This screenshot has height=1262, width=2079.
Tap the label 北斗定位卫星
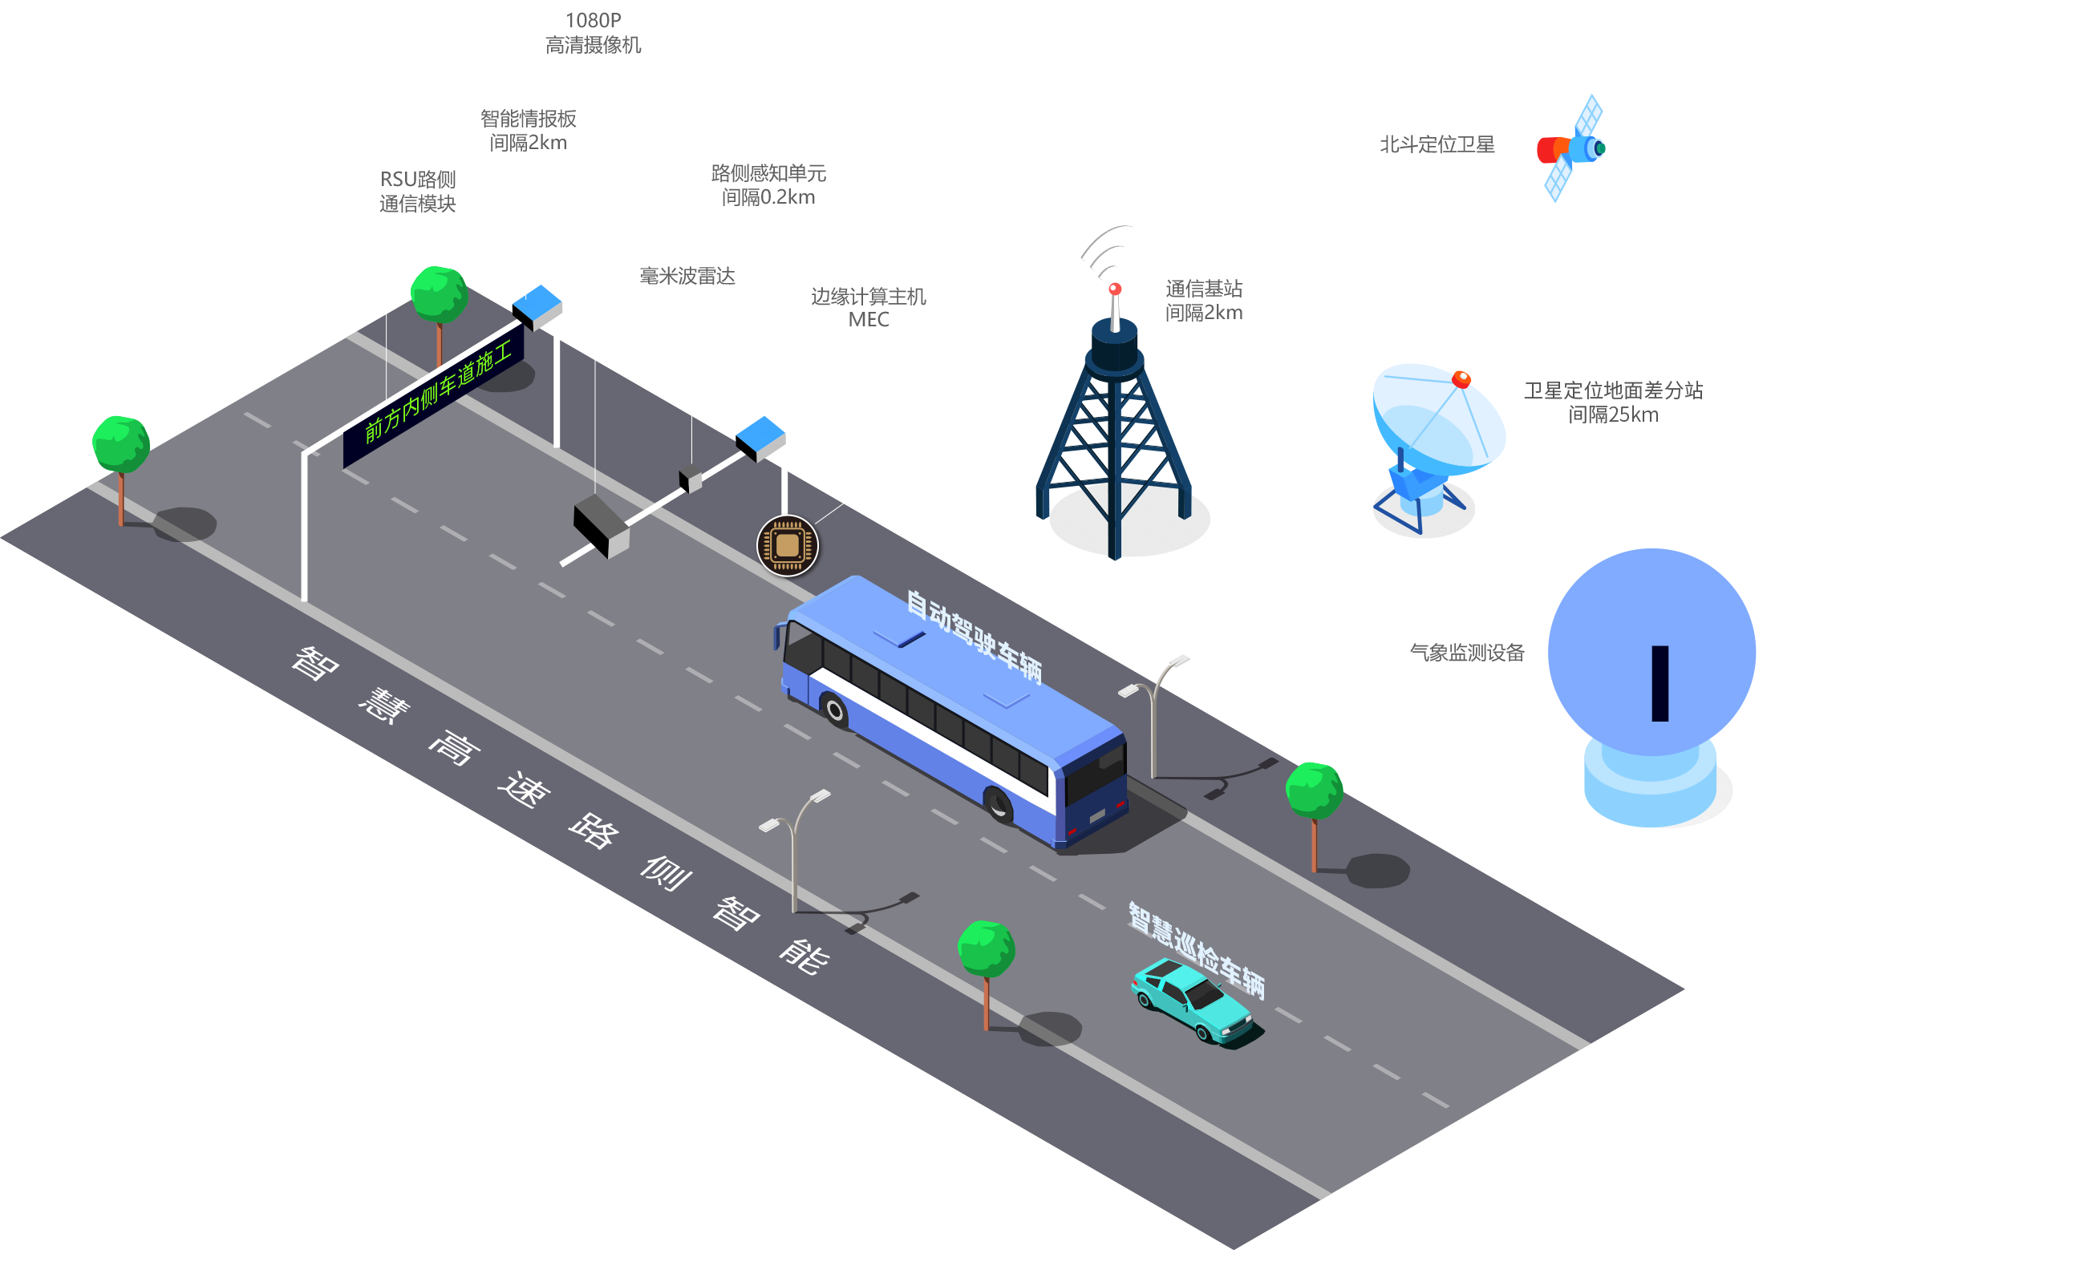click(1437, 145)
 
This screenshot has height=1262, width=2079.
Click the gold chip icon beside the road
click(787, 546)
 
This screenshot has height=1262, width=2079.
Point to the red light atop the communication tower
click(1115, 289)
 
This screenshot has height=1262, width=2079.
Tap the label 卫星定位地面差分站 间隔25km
click(1615, 402)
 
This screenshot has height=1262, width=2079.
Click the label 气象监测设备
click(1466, 653)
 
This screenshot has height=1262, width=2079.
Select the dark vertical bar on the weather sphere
click(1660, 683)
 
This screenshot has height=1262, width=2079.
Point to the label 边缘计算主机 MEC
click(868, 308)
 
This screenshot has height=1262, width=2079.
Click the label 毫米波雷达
click(687, 277)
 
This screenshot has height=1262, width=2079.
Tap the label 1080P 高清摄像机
click(594, 34)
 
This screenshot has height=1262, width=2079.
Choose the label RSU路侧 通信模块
click(418, 192)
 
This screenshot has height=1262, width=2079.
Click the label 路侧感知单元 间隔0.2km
click(768, 185)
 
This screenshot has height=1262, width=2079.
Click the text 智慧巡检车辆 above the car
click(1197, 950)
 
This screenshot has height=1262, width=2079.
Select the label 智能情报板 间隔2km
click(529, 131)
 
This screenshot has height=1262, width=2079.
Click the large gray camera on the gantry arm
click(601, 524)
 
